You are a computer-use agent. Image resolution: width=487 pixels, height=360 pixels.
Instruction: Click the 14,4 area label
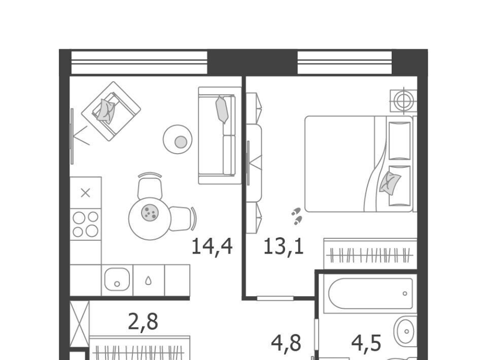click(212, 246)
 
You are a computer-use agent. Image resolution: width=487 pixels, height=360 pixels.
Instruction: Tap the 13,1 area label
click(284, 246)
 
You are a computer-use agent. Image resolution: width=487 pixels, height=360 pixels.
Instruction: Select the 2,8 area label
click(143, 322)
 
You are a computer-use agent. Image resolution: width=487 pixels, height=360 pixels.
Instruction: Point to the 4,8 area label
click(286, 344)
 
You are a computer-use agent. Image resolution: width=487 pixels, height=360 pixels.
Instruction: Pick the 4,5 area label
click(366, 344)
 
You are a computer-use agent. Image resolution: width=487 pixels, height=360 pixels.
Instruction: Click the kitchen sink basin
click(117, 279)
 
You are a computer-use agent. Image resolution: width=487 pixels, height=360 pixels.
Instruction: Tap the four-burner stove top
click(86, 224)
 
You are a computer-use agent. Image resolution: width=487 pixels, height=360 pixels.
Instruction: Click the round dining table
click(150, 219)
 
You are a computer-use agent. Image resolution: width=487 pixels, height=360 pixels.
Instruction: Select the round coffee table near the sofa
click(178, 139)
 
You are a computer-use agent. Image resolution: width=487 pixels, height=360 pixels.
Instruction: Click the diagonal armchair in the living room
click(111, 111)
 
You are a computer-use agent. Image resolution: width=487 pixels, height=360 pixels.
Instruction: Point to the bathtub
click(370, 294)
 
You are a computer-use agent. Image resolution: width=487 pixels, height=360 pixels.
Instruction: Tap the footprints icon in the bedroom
click(297, 216)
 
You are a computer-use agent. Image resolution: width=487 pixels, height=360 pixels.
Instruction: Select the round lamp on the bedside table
click(403, 100)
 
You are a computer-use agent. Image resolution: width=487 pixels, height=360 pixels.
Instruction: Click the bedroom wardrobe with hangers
click(370, 254)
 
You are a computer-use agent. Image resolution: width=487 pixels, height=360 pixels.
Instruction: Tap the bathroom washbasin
click(405, 331)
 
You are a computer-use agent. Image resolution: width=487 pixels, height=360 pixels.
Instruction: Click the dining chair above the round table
click(150, 186)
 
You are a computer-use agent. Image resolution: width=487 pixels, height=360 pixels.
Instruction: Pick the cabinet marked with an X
click(85, 193)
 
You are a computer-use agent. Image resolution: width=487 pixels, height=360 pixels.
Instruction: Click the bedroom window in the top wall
click(345, 63)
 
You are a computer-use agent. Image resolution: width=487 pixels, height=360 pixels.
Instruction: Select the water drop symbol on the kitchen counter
click(149, 280)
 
